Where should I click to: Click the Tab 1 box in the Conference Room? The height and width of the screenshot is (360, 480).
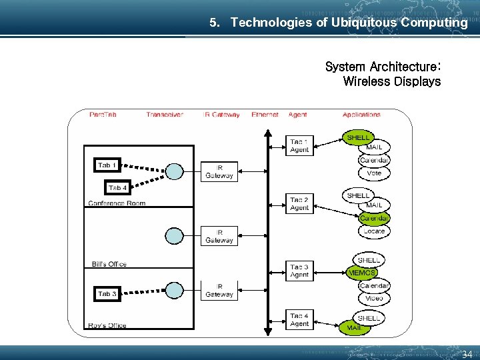point(107,165)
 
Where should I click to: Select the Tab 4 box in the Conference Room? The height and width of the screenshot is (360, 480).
point(118,187)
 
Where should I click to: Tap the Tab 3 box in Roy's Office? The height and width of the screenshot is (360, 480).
point(107,293)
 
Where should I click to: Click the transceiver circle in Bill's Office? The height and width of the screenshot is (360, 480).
point(174,235)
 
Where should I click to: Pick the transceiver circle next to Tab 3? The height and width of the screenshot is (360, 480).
point(174,290)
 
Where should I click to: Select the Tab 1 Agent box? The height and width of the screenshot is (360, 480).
point(299,145)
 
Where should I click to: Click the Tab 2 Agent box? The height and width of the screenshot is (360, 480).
point(299,203)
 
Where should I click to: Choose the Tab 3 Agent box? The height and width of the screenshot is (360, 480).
point(299,270)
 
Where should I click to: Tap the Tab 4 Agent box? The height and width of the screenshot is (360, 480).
point(299,319)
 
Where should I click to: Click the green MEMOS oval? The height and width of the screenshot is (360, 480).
point(362,272)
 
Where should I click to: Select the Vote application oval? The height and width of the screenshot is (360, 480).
point(374,173)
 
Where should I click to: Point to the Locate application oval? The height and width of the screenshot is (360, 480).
point(374,231)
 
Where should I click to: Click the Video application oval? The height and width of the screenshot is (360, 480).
point(374,298)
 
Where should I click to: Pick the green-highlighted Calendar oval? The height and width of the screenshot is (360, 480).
point(374,218)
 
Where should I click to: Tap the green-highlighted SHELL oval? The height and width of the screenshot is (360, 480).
point(358,137)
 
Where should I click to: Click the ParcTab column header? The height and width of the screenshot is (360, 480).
point(103,115)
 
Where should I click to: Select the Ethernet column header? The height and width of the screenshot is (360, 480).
point(265,115)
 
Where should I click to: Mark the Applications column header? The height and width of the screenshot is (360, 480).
point(361,115)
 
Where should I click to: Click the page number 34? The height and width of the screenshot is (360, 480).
point(467,354)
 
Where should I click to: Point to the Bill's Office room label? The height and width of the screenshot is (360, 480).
point(109,265)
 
